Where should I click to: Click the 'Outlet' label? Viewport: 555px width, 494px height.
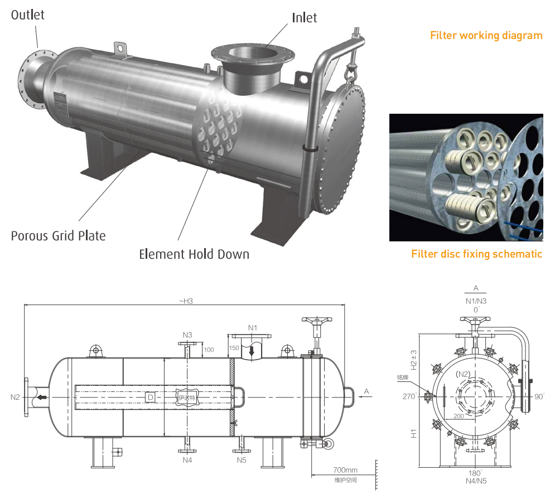28,15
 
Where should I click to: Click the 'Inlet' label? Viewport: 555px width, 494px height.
304,18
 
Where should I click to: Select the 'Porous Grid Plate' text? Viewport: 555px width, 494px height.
58,236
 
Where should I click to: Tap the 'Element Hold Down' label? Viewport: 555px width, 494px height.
194,255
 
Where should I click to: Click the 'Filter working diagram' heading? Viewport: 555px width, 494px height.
486,36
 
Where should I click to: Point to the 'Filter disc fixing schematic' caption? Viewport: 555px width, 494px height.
476,254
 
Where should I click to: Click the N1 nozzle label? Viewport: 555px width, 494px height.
253,327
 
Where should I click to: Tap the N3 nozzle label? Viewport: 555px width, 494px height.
187,335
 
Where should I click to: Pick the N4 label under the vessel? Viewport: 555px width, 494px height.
187,460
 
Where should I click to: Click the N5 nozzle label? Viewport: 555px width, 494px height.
241,460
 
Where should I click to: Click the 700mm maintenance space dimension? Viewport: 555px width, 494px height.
345,470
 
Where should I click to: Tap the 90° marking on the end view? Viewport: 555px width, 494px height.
539,396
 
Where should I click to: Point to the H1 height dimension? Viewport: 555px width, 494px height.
413,433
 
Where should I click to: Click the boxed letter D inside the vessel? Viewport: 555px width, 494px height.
149,397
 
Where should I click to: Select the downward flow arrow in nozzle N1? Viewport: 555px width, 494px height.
252,351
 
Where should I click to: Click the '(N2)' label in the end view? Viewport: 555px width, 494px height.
462,374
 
